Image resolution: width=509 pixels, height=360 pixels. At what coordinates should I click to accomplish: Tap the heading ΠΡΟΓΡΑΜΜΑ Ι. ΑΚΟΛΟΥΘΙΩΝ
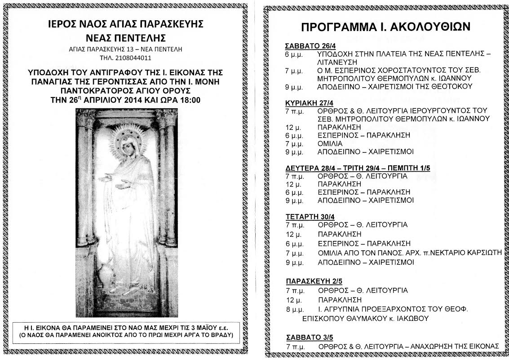click(385, 27)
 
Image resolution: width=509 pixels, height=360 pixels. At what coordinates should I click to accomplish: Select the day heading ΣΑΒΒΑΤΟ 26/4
click(308, 45)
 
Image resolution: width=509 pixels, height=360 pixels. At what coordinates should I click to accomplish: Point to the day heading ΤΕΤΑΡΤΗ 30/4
click(307, 216)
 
